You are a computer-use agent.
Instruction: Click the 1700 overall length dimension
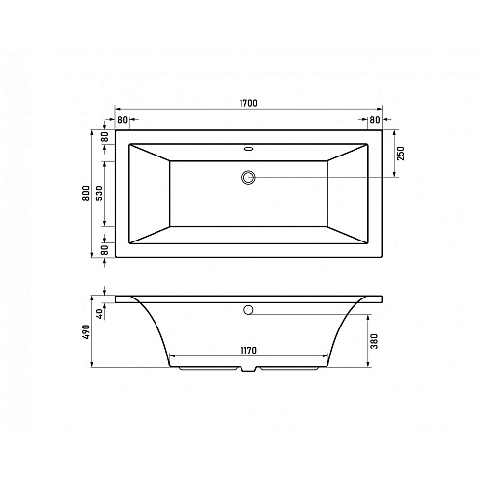[248, 103]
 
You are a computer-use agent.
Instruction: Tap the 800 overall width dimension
[86, 193]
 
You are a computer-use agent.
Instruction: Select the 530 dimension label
[99, 193]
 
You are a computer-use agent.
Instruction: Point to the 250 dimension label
[401, 154]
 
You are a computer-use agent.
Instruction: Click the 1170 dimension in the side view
[248, 350]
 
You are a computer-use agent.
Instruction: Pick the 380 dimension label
[374, 341]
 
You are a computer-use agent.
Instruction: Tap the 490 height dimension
[86, 331]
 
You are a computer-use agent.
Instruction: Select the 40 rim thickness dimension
[101, 313]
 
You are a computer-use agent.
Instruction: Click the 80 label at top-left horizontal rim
[122, 120]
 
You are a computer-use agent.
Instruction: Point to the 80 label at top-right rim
[375, 120]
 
